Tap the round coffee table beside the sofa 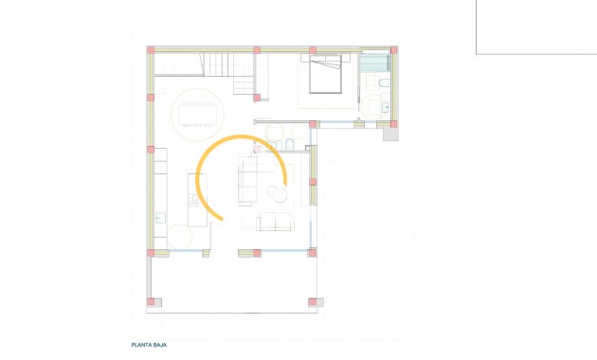pos(279,193)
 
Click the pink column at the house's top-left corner pos(150,50)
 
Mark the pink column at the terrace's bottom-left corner pos(151,302)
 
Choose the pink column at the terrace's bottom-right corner pos(313,302)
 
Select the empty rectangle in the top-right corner pos(535,27)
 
